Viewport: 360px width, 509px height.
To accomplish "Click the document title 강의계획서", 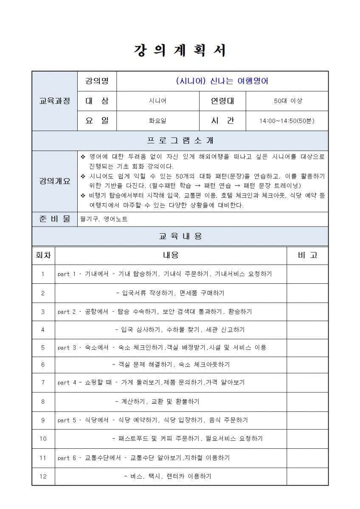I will point(180,50).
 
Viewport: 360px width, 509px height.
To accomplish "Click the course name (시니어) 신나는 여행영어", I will point(222,81).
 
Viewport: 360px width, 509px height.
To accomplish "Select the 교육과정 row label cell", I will point(55,101).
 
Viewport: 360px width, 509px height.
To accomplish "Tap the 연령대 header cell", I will point(222,101).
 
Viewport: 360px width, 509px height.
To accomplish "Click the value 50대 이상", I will point(287,101).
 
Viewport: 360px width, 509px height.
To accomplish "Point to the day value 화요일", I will point(157,121).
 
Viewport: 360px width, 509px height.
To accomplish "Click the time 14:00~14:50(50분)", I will point(287,121).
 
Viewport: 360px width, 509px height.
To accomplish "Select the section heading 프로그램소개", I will point(180,141).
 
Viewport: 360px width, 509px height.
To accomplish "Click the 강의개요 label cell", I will point(55,181).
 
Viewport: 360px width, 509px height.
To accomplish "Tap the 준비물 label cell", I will point(55,219).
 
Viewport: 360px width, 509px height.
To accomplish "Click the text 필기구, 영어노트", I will point(104,219).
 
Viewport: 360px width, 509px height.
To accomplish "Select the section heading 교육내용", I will point(180,236).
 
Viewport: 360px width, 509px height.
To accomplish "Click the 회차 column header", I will point(43,255).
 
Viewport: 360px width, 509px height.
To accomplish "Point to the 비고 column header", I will point(307,255).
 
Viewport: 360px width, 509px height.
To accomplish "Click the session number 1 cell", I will point(43,274).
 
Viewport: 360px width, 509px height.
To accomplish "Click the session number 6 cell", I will point(43,364).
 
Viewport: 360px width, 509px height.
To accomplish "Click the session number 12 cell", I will point(43,476).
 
